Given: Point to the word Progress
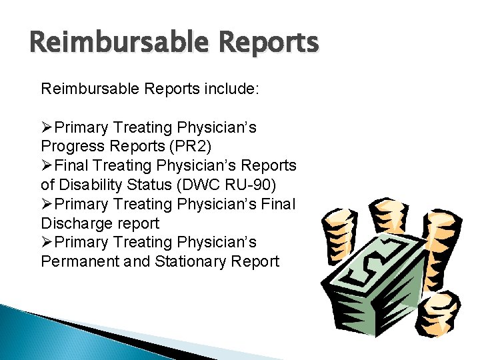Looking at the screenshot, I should [73, 145].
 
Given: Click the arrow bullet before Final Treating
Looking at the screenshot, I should [47, 165].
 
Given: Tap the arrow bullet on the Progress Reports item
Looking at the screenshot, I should [47, 126].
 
